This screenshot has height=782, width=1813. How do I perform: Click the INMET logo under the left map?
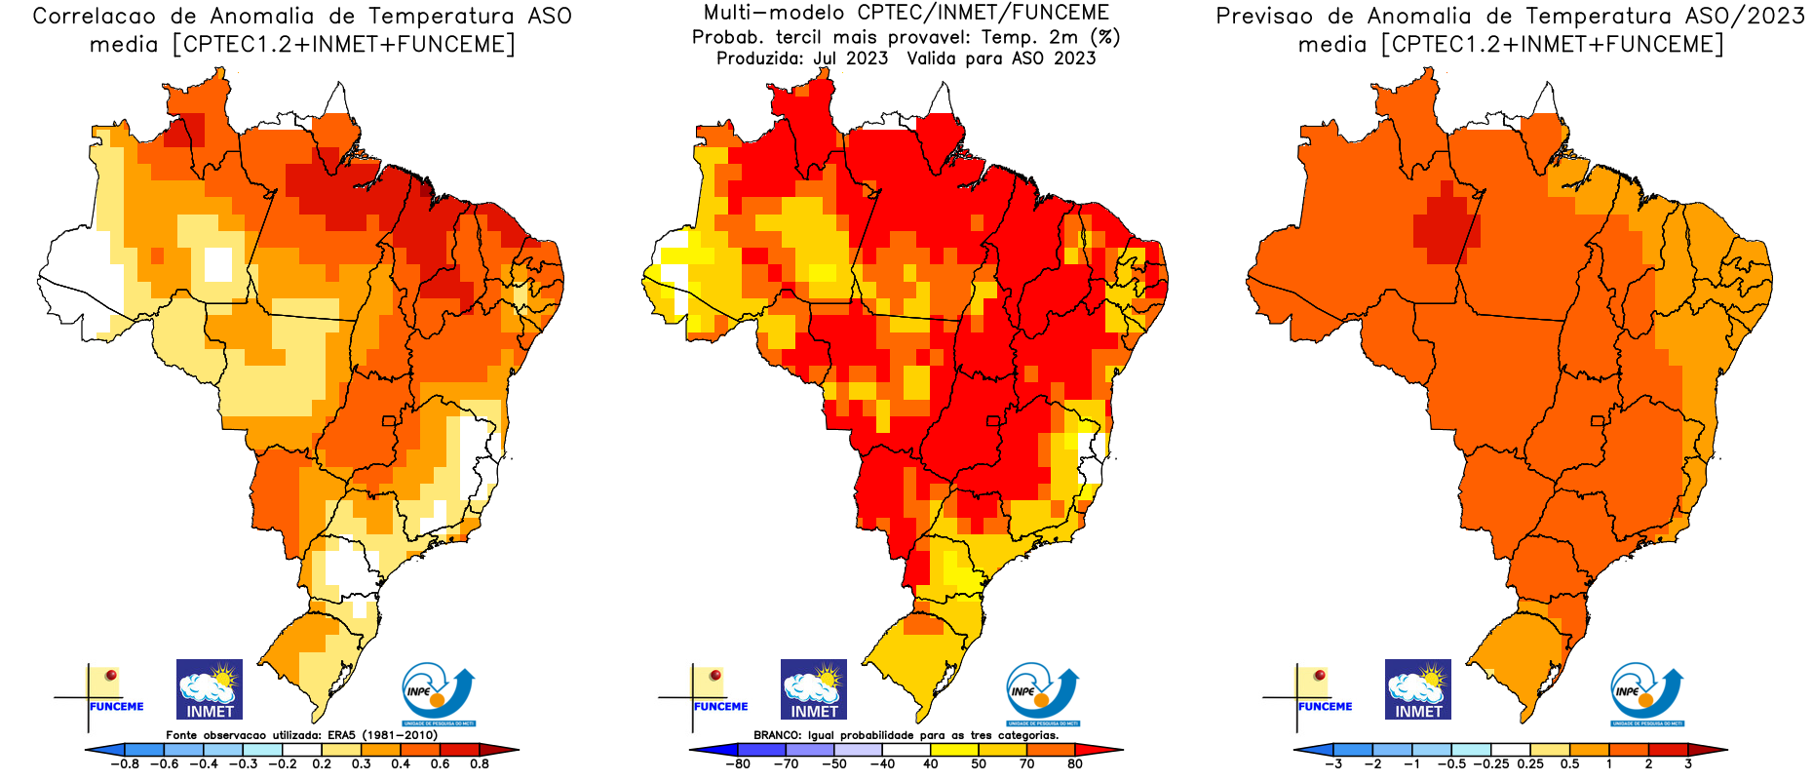[210, 689]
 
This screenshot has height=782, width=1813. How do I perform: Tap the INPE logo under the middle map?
[1042, 693]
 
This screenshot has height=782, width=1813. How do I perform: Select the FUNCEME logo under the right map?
[1317, 692]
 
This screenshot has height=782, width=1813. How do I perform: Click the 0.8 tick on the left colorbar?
[480, 764]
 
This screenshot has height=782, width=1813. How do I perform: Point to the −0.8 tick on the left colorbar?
[126, 764]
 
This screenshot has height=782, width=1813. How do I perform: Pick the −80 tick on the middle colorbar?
[738, 764]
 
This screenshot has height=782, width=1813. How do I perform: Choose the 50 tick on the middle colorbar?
[979, 764]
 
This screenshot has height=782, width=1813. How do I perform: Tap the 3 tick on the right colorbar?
[1688, 764]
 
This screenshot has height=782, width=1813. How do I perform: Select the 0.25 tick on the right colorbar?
[1530, 764]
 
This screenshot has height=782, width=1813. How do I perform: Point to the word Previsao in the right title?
[1264, 17]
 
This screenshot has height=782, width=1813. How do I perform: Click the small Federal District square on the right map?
[1597, 421]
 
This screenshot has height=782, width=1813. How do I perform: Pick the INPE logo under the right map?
[1646, 693]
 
